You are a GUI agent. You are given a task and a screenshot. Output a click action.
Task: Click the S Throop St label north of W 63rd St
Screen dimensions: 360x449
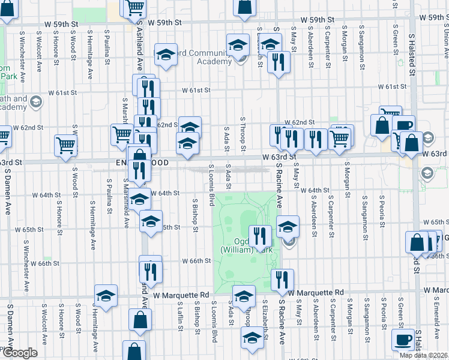pyautogui.click(x=244, y=134)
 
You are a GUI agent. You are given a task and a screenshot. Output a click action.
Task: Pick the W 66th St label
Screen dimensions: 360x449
pyautogui.click(x=197, y=261)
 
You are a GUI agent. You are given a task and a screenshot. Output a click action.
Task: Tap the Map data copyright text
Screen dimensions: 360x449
pyautogui.click(x=424, y=355)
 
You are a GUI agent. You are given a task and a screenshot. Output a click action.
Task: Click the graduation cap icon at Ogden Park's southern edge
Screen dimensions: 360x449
pyautogui.click(x=243, y=296)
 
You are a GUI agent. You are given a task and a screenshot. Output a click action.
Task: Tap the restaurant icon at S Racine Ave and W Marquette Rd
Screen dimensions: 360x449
pyautogui.click(x=281, y=279)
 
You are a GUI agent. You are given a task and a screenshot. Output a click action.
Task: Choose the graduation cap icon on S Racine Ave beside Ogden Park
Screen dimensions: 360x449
pyautogui.click(x=288, y=227)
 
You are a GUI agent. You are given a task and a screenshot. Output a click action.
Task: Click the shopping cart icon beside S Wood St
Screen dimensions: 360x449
pyautogui.click(x=66, y=145)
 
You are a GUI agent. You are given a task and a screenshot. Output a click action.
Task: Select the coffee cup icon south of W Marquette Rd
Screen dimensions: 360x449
pyautogui.click(x=403, y=340)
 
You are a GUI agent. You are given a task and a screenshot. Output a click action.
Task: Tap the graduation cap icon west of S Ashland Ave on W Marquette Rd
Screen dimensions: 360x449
pyautogui.click(x=106, y=295)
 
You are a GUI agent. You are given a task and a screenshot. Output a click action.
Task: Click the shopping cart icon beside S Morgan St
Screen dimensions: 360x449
pyautogui.click(x=340, y=137)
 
